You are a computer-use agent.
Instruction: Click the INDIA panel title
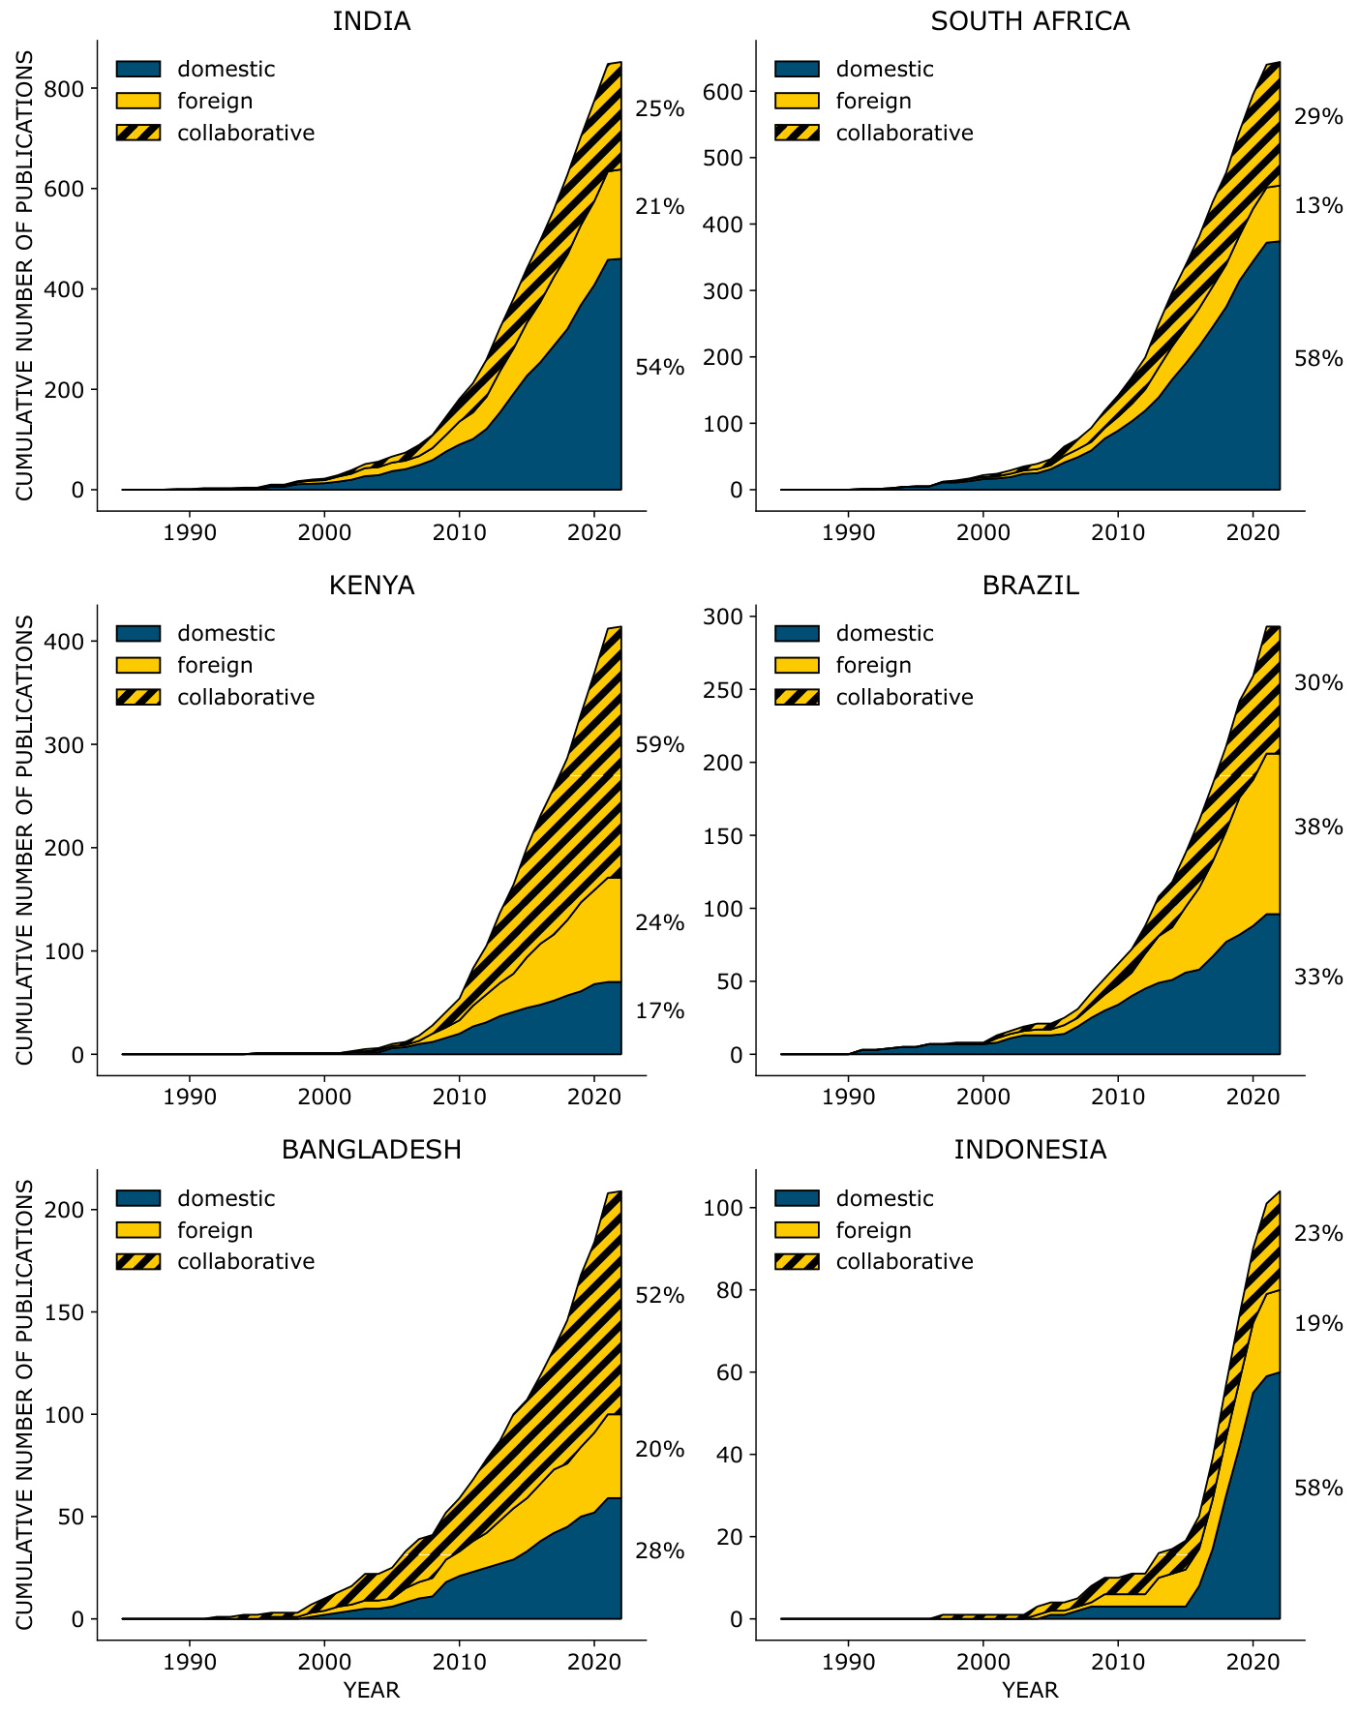372,21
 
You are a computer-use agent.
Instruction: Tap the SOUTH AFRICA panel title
1030,21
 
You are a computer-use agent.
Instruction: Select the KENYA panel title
372,586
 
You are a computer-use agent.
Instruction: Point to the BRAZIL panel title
1030,586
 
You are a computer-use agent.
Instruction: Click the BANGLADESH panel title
372,1150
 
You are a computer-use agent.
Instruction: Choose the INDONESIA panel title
1030,1150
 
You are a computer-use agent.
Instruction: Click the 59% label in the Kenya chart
659,745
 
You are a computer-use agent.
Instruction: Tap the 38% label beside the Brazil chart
1318,828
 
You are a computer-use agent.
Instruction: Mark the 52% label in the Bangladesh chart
659,1296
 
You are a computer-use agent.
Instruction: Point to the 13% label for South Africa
1318,206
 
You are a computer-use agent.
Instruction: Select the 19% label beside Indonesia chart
1318,1324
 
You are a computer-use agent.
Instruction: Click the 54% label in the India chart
659,368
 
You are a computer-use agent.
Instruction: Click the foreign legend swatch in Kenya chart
138,666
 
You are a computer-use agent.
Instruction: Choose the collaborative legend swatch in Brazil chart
797,698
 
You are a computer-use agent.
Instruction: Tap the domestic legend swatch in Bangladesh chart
138,1198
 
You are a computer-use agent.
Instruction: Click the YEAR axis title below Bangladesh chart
372,1691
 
